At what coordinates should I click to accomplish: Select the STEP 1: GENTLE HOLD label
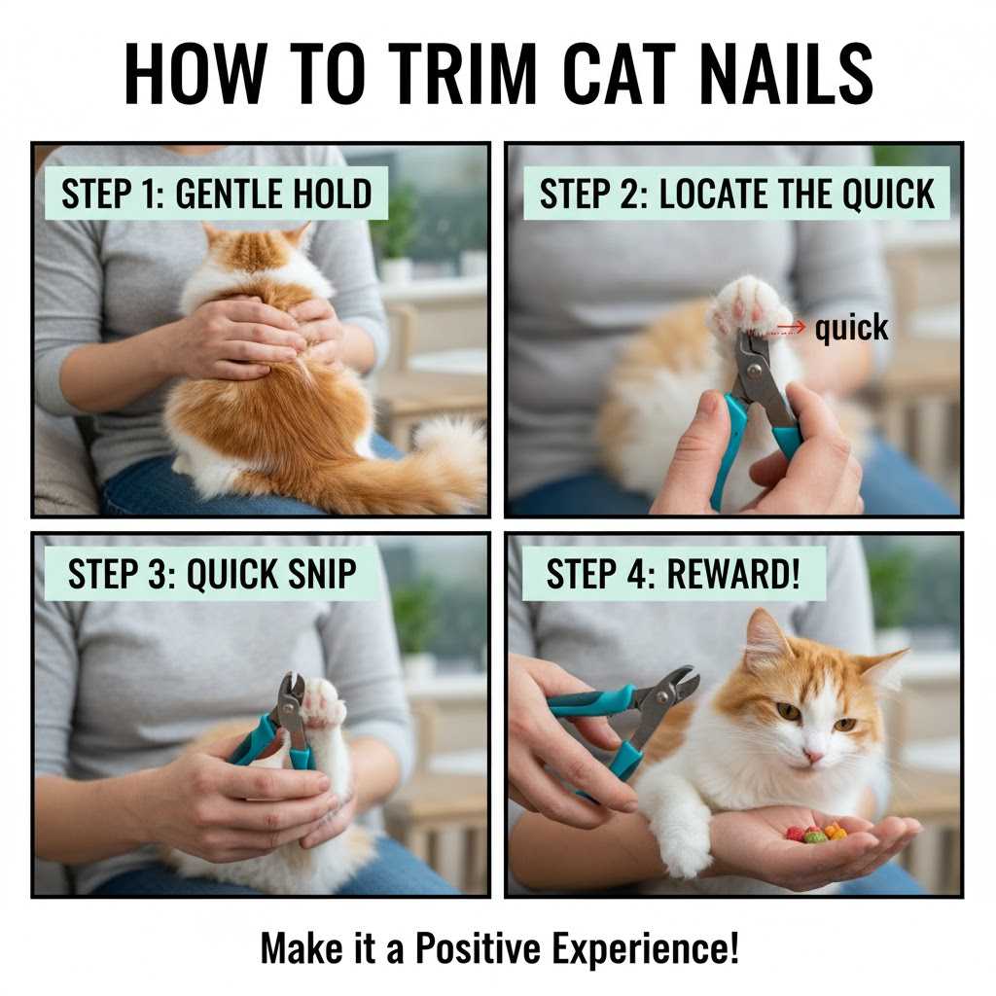coord(216,194)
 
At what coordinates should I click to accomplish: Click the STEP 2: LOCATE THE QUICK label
coord(736,194)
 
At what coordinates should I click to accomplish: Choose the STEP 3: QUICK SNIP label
coord(211,574)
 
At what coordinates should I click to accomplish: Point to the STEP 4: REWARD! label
coord(673,574)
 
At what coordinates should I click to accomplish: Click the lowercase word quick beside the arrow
coord(851,329)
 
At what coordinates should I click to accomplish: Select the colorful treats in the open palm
coord(815,833)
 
